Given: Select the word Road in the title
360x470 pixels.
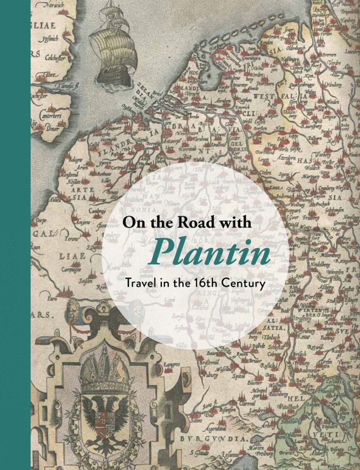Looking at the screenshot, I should (188, 222).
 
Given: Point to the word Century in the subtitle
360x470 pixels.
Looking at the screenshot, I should (246, 284).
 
